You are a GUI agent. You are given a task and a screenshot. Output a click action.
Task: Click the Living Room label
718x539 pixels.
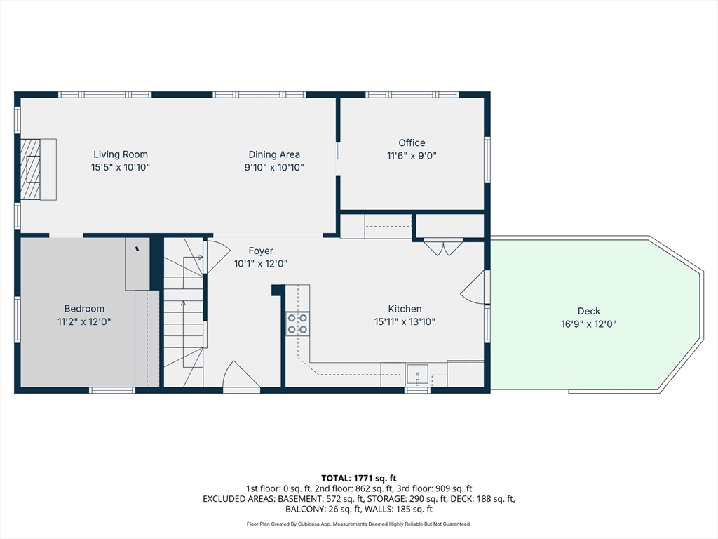click(x=121, y=154)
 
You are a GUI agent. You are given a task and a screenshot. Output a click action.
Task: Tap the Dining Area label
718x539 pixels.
click(x=274, y=154)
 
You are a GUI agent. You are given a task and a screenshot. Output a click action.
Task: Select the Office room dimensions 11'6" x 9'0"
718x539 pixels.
click(x=412, y=156)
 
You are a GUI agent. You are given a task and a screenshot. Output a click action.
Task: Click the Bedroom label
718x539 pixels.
click(x=84, y=309)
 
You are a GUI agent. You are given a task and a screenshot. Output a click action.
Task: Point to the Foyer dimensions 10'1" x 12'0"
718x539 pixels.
click(x=261, y=264)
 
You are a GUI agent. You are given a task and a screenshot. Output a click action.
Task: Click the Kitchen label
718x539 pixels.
click(x=405, y=309)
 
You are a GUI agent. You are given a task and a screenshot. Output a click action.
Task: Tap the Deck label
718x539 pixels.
click(x=589, y=312)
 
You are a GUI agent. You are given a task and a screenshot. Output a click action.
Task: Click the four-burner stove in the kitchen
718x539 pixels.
click(x=297, y=323)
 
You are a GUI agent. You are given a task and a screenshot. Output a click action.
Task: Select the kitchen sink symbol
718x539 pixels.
click(x=418, y=374)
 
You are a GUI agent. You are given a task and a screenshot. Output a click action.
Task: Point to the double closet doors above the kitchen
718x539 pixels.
click(x=443, y=247)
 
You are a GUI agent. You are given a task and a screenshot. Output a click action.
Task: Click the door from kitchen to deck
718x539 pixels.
click(x=475, y=288)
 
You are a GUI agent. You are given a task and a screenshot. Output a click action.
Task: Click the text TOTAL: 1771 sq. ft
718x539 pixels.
click(x=358, y=477)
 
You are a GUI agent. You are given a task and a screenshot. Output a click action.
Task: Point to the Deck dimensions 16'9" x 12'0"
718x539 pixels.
click(x=589, y=324)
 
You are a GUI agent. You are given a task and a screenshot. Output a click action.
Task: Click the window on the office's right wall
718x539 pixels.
click(x=487, y=159)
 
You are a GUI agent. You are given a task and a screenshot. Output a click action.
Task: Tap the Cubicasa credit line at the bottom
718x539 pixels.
click(x=358, y=524)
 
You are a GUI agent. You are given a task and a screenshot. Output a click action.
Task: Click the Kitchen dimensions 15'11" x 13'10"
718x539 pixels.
click(x=405, y=321)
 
